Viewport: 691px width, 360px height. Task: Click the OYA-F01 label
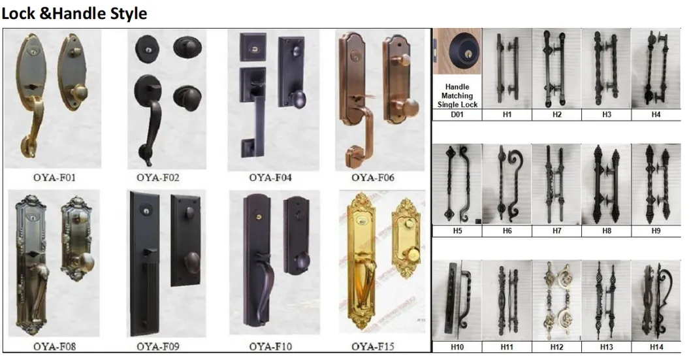click(55, 178)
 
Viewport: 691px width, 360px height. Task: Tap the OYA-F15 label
click(373, 346)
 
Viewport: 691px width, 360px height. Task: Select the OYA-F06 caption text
click(373, 178)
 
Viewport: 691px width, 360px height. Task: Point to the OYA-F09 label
click(158, 346)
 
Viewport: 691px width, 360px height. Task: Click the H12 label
click(556, 347)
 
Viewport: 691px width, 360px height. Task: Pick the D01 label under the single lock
click(457, 114)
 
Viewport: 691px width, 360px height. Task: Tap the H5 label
click(457, 231)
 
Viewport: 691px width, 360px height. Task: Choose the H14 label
click(656, 347)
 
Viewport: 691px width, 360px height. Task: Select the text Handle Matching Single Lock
click(457, 95)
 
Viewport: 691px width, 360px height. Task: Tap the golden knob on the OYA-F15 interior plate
click(413, 254)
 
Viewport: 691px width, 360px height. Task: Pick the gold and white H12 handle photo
click(556, 301)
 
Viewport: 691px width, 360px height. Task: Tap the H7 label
click(556, 231)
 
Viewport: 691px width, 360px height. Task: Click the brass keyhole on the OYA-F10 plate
click(259, 217)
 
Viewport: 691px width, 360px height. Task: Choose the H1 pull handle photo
click(507, 69)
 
